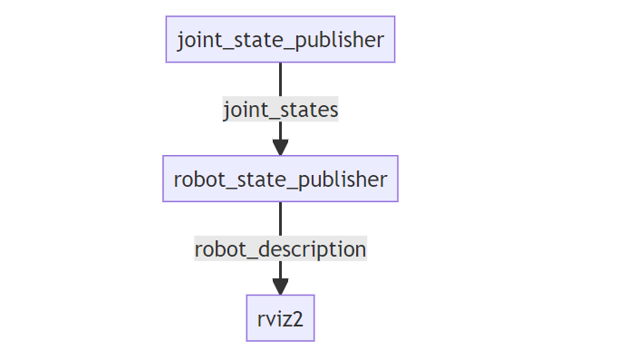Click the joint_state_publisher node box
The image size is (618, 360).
(280, 39)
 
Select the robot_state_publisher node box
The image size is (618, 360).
(280, 179)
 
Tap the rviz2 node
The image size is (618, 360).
(280, 318)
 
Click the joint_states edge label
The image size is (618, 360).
(280, 110)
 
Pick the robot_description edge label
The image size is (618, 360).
(280, 248)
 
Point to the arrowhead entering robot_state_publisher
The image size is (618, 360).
(280, 146)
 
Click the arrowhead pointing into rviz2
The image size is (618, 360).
(280, 286)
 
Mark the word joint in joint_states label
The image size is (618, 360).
(245, 110)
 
